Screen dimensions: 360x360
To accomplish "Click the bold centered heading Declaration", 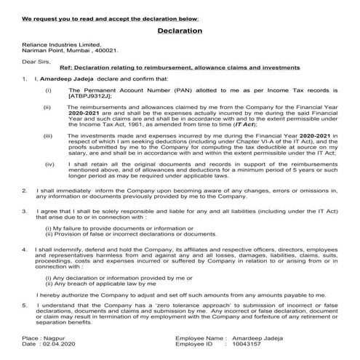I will click(180, 31).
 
